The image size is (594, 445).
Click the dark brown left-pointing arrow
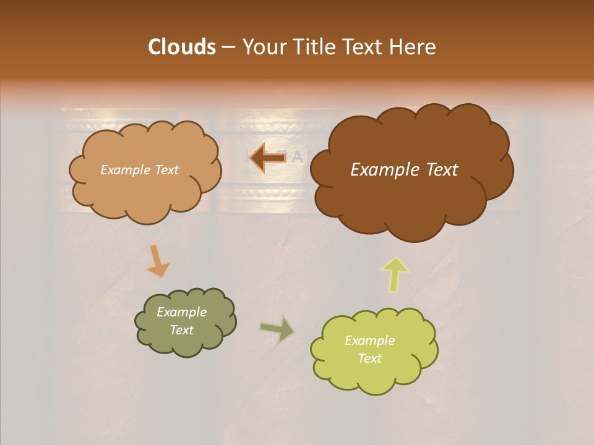267,158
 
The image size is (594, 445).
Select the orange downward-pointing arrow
158,261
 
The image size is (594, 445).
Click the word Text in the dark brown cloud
438,170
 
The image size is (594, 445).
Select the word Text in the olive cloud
181,330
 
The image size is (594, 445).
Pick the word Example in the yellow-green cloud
369,341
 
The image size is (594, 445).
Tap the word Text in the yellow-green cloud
369,358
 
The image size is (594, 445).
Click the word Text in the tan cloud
166,170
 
